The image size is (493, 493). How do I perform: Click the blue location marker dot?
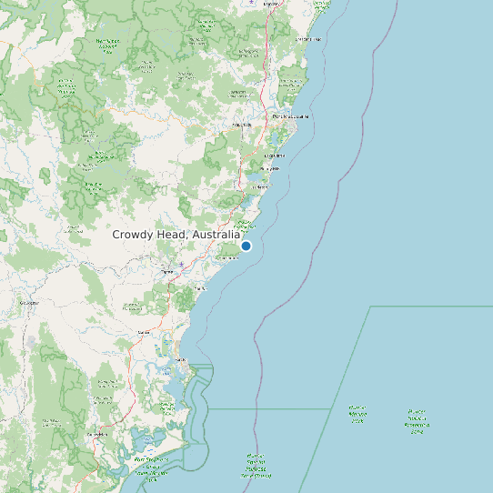click(x=246, y=246)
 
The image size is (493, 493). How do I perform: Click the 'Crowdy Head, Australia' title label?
click(x=176, y=235)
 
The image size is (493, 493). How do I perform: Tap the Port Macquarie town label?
click(x=290, y=116)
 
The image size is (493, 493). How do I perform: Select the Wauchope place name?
click(x=241, y=124)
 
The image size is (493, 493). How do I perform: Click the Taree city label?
click(x=166, y=272)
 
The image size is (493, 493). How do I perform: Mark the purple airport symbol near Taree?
click(x=181, y=265)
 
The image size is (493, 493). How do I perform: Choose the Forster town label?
click(x=180, y=360)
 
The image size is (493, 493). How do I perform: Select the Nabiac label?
click(x=143, y=333)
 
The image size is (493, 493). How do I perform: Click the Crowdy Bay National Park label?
click(x=245, y=223)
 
